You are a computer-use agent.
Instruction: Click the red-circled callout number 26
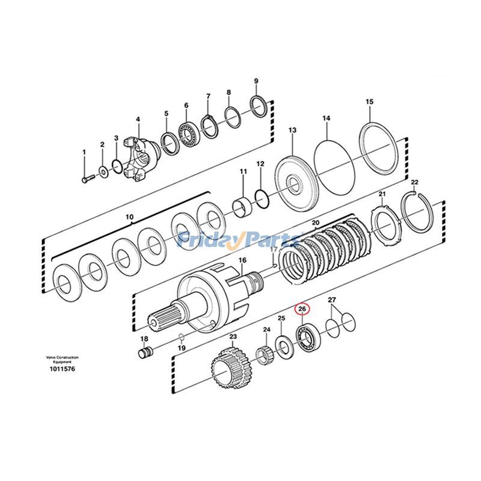click(x=302, y=309)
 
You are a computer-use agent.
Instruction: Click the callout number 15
click(x=369, y=102)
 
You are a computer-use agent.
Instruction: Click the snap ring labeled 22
click(x=418, y=211)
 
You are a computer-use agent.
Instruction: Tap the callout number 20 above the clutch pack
click(x=315, y=222)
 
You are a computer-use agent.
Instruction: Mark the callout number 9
click(x=256, y=81)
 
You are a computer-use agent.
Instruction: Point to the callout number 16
click(x=242, y=260)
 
